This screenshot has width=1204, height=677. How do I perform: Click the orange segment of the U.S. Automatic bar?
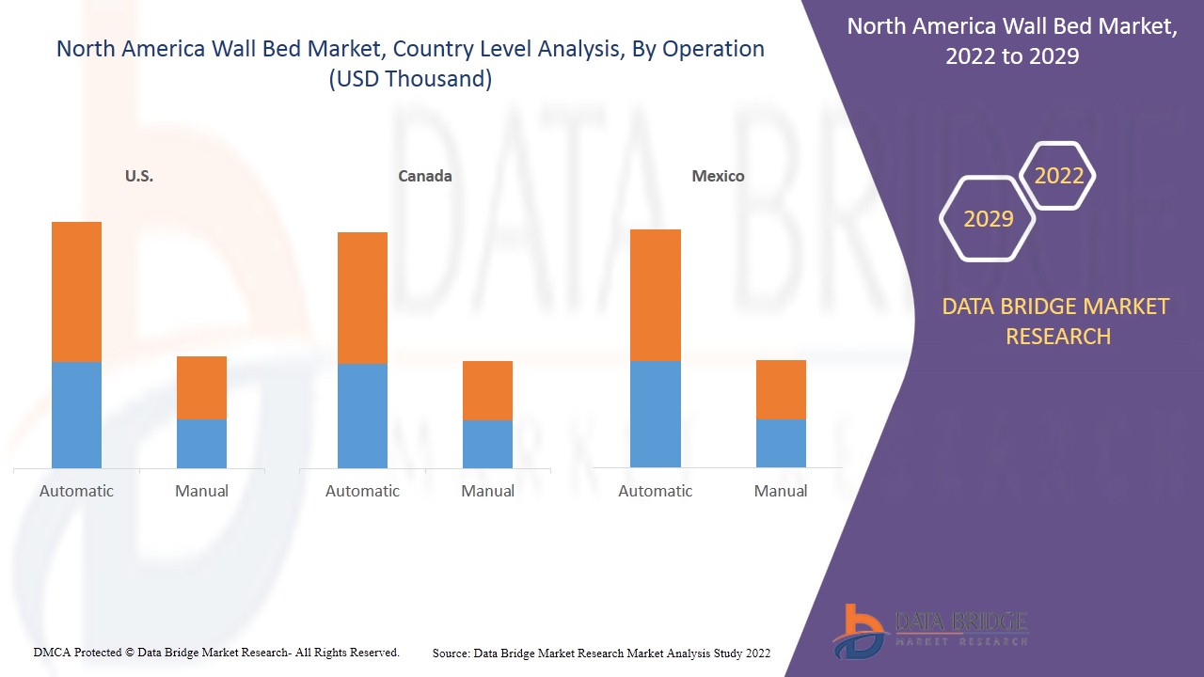click(x=76, y=291)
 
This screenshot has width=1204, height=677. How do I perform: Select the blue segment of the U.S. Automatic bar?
click(x=76, y=415)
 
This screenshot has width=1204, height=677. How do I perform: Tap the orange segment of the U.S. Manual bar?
click(x=201, y=387)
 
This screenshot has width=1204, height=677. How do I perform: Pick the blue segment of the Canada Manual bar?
click(x=487, y=444)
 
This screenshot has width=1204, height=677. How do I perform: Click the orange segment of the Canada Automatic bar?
click(x=362, y=297)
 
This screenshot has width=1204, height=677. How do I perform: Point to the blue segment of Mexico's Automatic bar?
click(x=656, y=414)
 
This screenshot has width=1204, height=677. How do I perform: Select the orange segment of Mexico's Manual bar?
click(x=781, y=389)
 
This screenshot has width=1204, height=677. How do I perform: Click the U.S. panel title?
click(x=139, y=176)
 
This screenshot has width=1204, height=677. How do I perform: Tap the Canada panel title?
click(x=425, y=176)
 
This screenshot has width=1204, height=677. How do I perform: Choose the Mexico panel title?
click(x=718, y=176)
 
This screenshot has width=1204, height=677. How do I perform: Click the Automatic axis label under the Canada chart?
click(x=362, y=491)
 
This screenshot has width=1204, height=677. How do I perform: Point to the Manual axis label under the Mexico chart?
click(x=781, y=491)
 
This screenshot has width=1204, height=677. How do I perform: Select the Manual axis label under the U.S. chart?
click(x=201, y=491)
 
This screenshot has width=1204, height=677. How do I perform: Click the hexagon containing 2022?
click(x=1058, y=176)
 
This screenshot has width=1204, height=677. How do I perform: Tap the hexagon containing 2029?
click(x=988, y=219)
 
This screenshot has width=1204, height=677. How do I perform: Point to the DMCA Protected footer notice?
click(x=216, y=652)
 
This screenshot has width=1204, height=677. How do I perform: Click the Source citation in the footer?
click(x=601, y=653)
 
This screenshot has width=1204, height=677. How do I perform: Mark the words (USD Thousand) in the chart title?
click(x=410, y=79)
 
